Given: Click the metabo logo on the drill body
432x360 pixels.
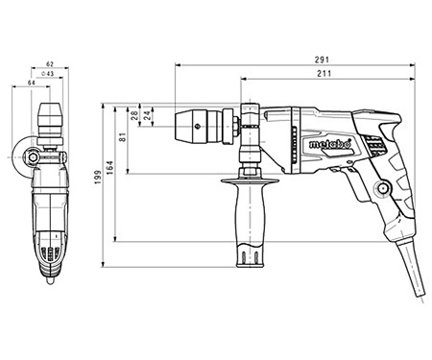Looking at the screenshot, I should pyautogui.click(x=332, y=146).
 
